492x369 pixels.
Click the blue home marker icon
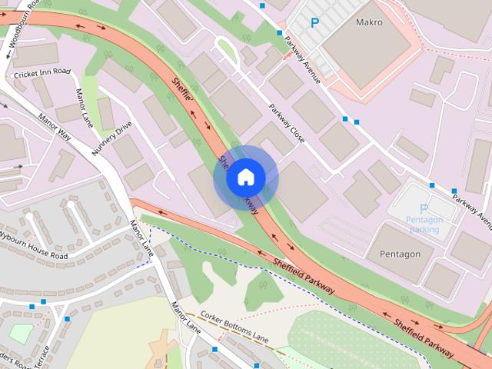tap(245, 178)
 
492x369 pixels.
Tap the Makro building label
tap(369, 22)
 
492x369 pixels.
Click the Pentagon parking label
tap(424, 224)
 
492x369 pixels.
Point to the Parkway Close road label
tap(287, 124)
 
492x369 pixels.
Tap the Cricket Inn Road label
tap(42, 73)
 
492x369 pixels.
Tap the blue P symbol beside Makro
tap(314, 24)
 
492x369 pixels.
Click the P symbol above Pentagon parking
tap(423, 208)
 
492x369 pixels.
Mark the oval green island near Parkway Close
tap(227, 52)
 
